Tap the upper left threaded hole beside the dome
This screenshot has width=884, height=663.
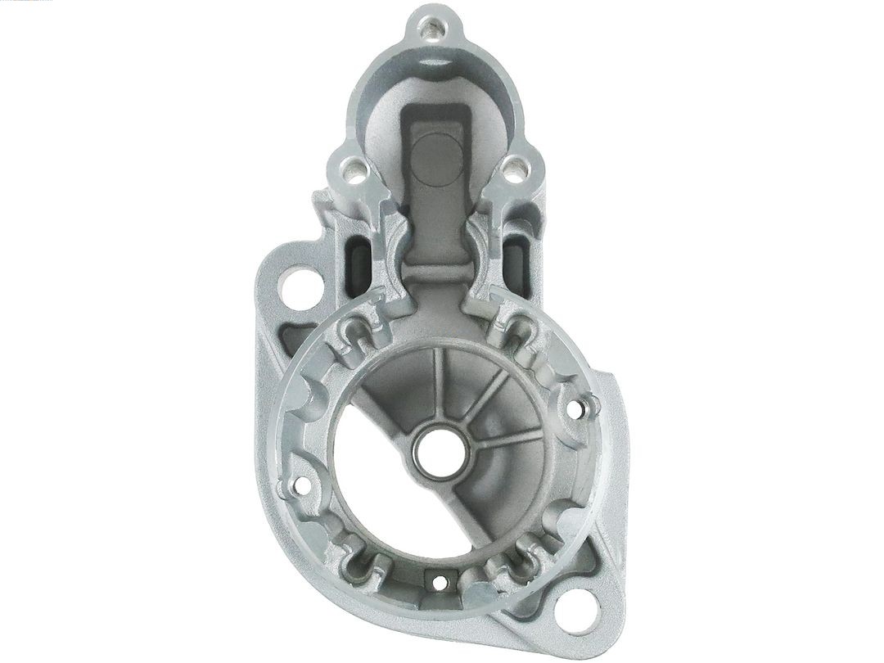(x=353, y=172)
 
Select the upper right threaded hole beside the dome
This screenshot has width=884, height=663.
(x=513, y=173)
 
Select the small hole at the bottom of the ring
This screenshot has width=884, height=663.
(x=440, y=584)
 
